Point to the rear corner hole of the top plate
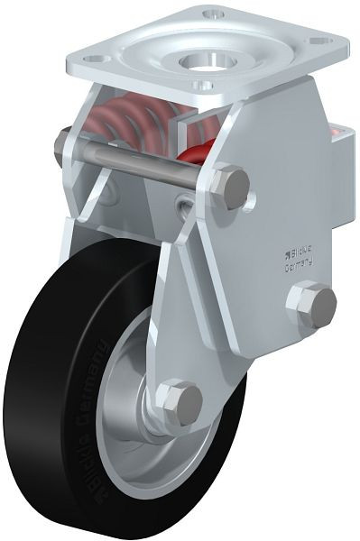tap(214, 15)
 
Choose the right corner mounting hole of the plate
tap(318, 41)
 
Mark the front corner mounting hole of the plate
tap(205, 87)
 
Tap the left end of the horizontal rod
tap(64, 142)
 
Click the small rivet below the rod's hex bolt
tap(186, 210)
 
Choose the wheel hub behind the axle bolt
tap(150, 410)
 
